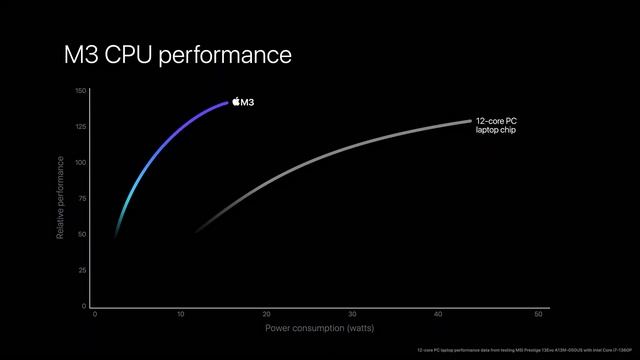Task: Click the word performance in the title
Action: pyautogui.click(x=230, y=55)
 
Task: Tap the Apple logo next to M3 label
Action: pyautogui.click(x=236, y=102)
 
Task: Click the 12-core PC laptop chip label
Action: pyautogui.click(x=496, y=125)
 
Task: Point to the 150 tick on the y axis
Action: pyautogui.click(x=81, y=91)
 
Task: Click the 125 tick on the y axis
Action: pyautogui.click(x=81, y=127)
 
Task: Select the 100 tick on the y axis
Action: pyautogui.click(x=81, y=163)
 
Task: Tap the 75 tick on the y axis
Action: pyautogui.click(x=82, y=199)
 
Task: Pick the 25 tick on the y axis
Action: pyautogui.click(x=82, y=270)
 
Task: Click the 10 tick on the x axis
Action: pyautogui.click(x=181, y=314)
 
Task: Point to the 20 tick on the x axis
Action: pyautogui.click(x=266, y=314)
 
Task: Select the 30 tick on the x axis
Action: pyautogui.click(x=352, y=314)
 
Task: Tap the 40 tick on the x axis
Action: pyautogui.click(x=438, y=314)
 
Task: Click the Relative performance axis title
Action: pyautogui.click(x=62, y=199)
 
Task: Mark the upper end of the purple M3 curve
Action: pyautogui.click(x=228, y=102)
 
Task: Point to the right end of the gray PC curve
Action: pyautogui.click(x=470, y=121)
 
